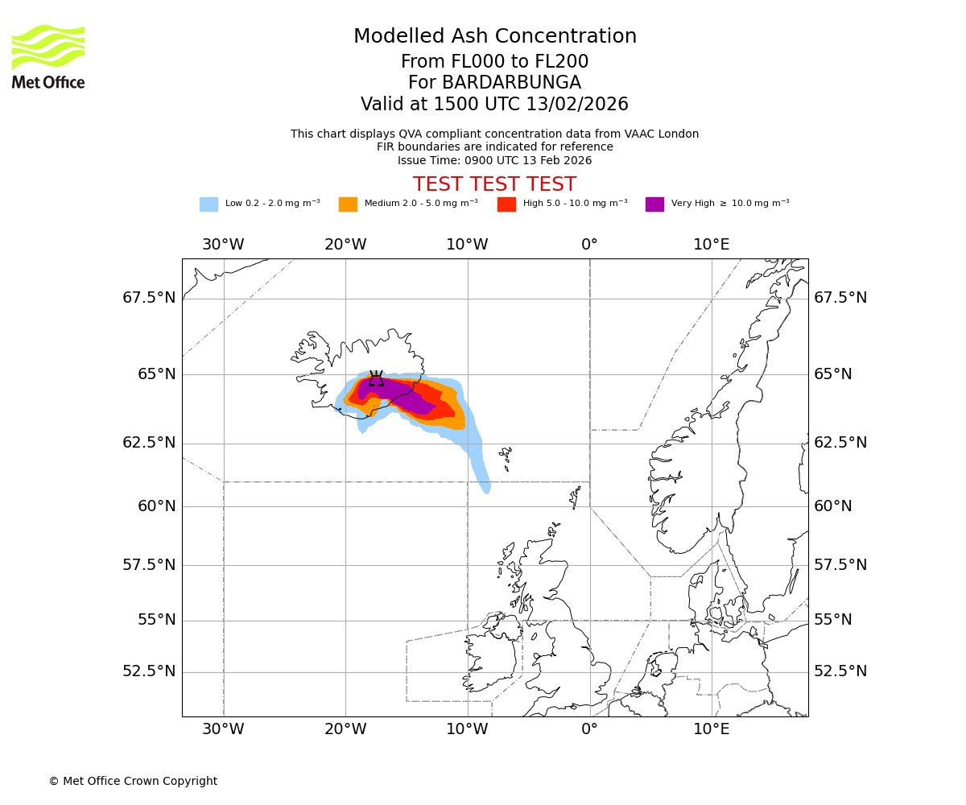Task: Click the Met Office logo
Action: (48, 56)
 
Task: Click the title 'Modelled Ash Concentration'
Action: (494, 37)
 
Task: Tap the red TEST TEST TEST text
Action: (494, 184)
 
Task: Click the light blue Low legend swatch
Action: (208, 204)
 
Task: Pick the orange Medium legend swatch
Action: (348, 204)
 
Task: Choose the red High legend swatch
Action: (506, 204)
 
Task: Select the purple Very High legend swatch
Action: (654, 204)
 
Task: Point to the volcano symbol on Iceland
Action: (376, 379)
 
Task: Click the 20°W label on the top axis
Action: (345, 245)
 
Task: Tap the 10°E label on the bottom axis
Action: (712, 732)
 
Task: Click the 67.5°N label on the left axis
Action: (149, 298)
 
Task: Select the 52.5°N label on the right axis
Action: (840, 671)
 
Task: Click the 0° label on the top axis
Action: (589, 245)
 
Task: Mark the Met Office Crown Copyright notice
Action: (133, 781)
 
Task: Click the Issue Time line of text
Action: (494, 160)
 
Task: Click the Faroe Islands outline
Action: (506, 459)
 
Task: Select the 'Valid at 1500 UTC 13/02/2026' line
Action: (494, 105)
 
